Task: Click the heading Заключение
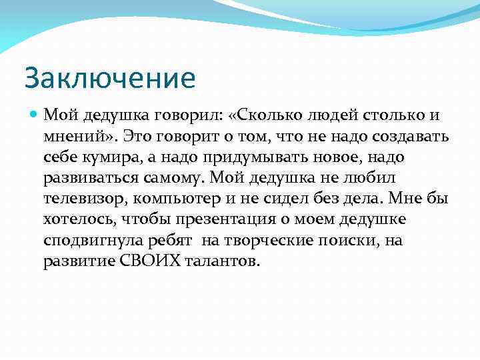(x=110, y=78)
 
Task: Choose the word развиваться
(x=92, y=177)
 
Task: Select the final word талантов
(x=218, y=261)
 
